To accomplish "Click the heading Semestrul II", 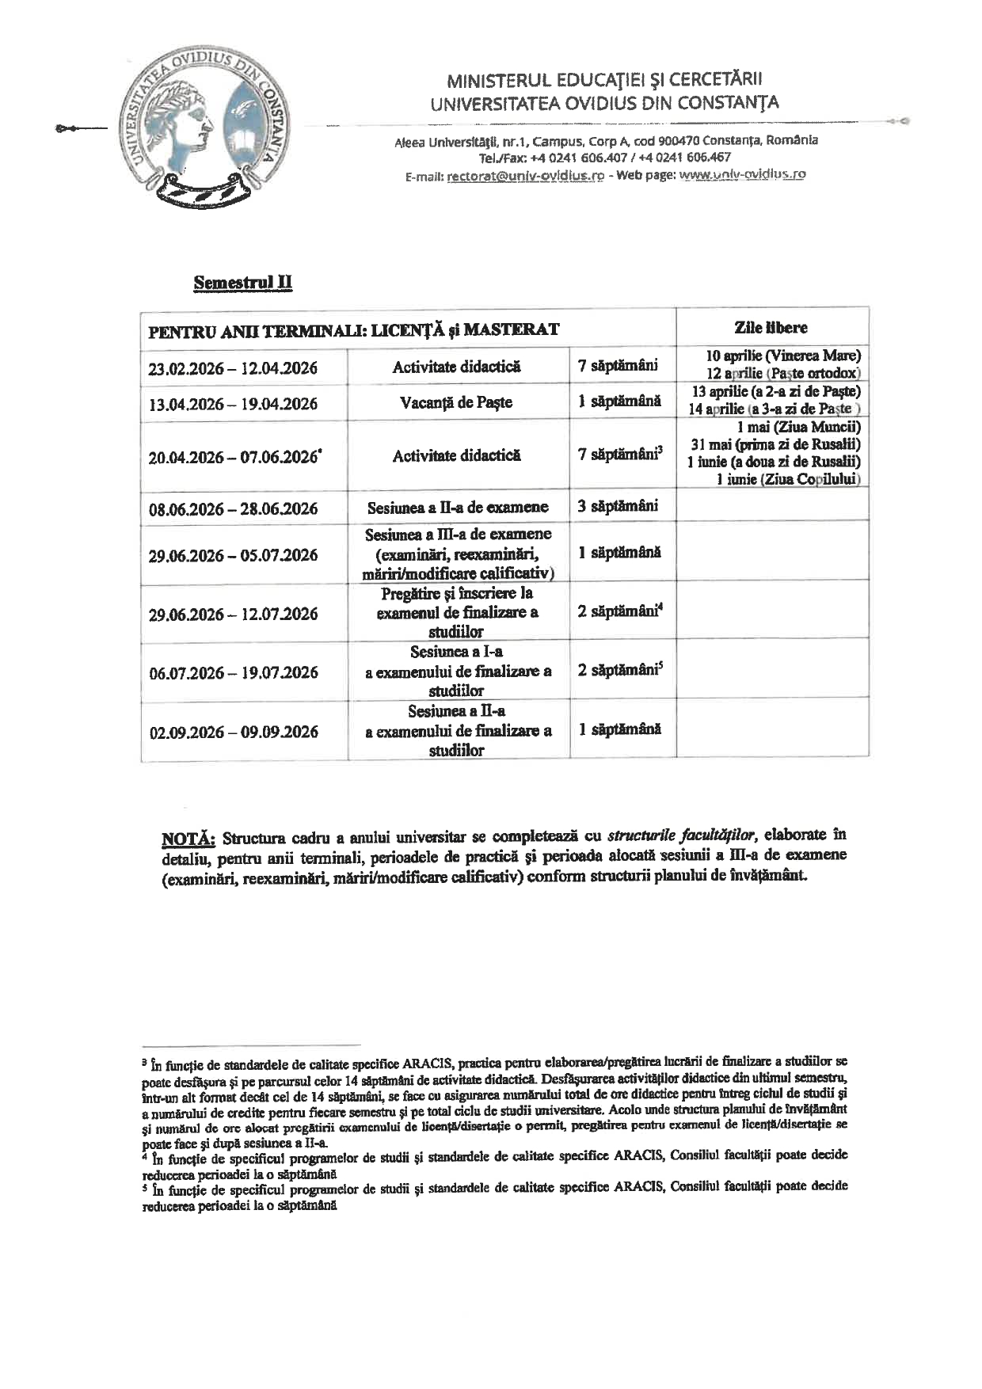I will coord(243,283).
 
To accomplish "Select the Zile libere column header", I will coord(771,327).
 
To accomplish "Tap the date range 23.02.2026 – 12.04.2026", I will coord(233,367).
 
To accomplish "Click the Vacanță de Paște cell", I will coord(457,402).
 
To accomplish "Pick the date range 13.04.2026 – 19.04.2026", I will coord(233,404).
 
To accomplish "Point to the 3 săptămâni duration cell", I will coord(618,506).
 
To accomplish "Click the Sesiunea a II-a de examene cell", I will coord(457,508).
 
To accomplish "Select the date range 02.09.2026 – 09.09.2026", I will coord(233,732).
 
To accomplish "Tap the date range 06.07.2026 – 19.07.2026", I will coord(233,672).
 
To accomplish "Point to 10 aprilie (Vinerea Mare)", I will coord(782,356).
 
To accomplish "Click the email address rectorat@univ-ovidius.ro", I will coord(526,175).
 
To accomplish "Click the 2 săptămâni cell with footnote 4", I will coord(619,611).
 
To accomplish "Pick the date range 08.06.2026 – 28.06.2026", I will coord(233,508).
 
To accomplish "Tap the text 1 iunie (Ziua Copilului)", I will coord(788,479).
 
